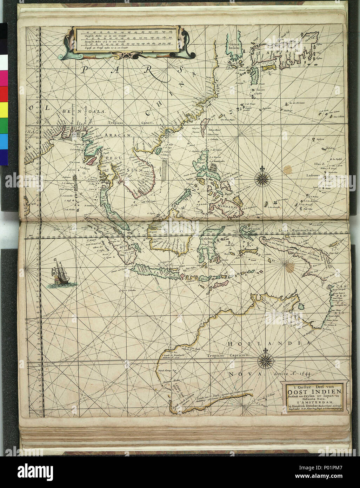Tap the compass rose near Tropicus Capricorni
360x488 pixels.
coord(264,359)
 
